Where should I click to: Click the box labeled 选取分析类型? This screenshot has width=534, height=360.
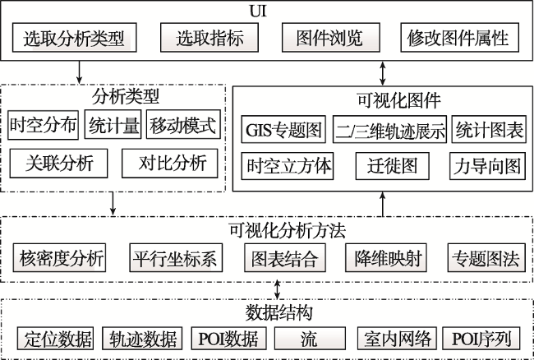pyautogui.click(x=75, y=38)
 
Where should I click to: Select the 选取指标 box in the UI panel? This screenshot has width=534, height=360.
pyautogui.click(x=209, y=38)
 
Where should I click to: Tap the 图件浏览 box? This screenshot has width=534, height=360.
pyautogui.click(x=331, y=38)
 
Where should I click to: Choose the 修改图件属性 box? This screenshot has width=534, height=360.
pyautogui.click(x=460, y=38)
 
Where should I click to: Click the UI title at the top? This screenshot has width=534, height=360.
pyautogui.click(x=258, y=11)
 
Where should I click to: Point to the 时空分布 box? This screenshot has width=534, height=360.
pyautogui.click(x=44, y=125)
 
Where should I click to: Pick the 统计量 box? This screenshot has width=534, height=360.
pyautogui.click(x=113, y=124)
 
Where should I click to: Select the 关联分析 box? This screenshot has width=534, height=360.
pyautogui.click(x=58, y=164)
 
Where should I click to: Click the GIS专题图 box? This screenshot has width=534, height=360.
pyautogui.click(x=283, y=129)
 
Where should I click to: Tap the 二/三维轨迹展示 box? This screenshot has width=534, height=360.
pyautogui.click(x=389, y=129)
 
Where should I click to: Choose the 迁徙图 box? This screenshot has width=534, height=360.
pyautogui.click(x=393, y=166)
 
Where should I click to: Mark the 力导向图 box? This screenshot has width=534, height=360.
pyautogui.click(x=487, y=166)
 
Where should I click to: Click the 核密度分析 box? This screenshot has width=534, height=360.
pyautogui.click(x=60, y=258)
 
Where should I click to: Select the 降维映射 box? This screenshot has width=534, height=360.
pyautogui.click(x=386, y=258)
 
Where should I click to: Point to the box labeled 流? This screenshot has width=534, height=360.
pyautogui.click(x=310, y=338)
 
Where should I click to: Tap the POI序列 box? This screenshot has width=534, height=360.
pyautogui.click(x=481, y=338)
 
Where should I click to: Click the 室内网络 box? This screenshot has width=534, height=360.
pyautogui.click(x=397, y=338)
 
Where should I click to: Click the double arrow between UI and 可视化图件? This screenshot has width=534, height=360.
pyautogui.click(x=383, y=73)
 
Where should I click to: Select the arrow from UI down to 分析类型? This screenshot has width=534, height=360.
pyautogui.click(x=79, y=72)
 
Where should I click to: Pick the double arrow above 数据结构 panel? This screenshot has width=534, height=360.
pyautogui.click(x=277, y=290)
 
